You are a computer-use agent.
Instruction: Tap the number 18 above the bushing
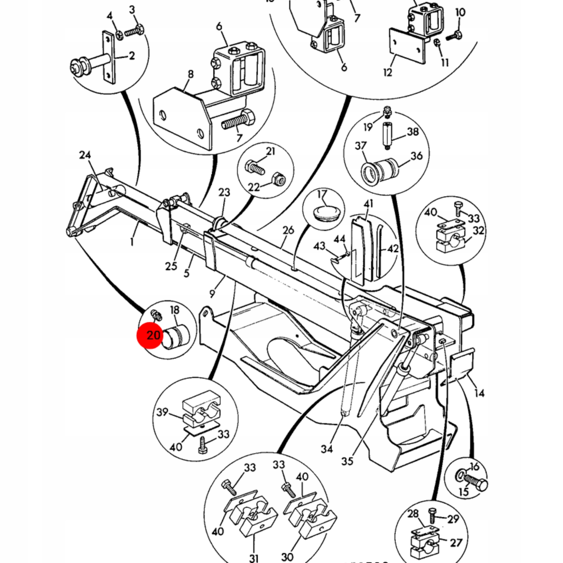point(174,310)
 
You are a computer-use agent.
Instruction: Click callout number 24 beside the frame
point(85,155)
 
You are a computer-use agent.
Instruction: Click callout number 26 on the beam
point(288,231)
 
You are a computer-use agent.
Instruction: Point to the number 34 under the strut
point(327,449)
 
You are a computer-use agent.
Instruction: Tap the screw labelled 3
point(135,31)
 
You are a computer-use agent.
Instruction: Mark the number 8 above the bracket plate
point(191,74)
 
